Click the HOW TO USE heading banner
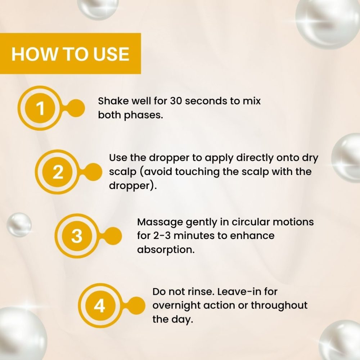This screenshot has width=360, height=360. pyautogui.click(x=70, y=54)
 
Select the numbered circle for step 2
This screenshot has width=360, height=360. pyautogui.click(x=58, y=172)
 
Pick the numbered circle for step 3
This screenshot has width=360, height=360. pyautogui.click(x=77, y=237)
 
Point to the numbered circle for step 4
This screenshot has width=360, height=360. pyautogui.click(x=99, y=306)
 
